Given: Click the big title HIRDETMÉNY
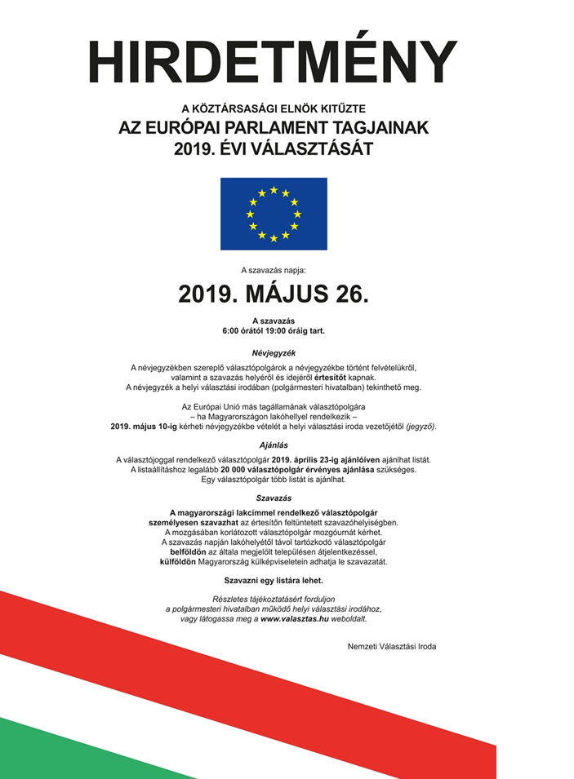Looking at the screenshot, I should [273, 61].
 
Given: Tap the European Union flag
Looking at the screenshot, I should [274, 214].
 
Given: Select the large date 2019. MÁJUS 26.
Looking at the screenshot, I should [274, 294].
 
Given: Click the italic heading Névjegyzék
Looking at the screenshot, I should [273, 352].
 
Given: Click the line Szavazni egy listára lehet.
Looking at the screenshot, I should [274, 580].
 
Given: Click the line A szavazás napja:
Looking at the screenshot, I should [274, 268].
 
